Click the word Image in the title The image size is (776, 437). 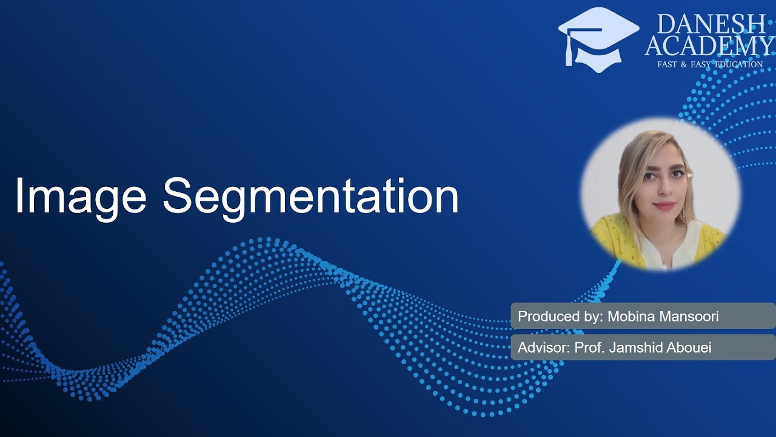tap(81, 196)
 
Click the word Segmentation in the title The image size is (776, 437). tap(310, 196)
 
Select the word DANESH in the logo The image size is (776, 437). tap(711, 24)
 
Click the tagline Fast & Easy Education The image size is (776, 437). tap(710, 64)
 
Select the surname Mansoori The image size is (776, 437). tap(692, 316)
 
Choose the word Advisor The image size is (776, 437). tap(539, 348)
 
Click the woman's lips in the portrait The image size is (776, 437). tap(664, 205)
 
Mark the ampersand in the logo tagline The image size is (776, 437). tap(683, 64)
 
